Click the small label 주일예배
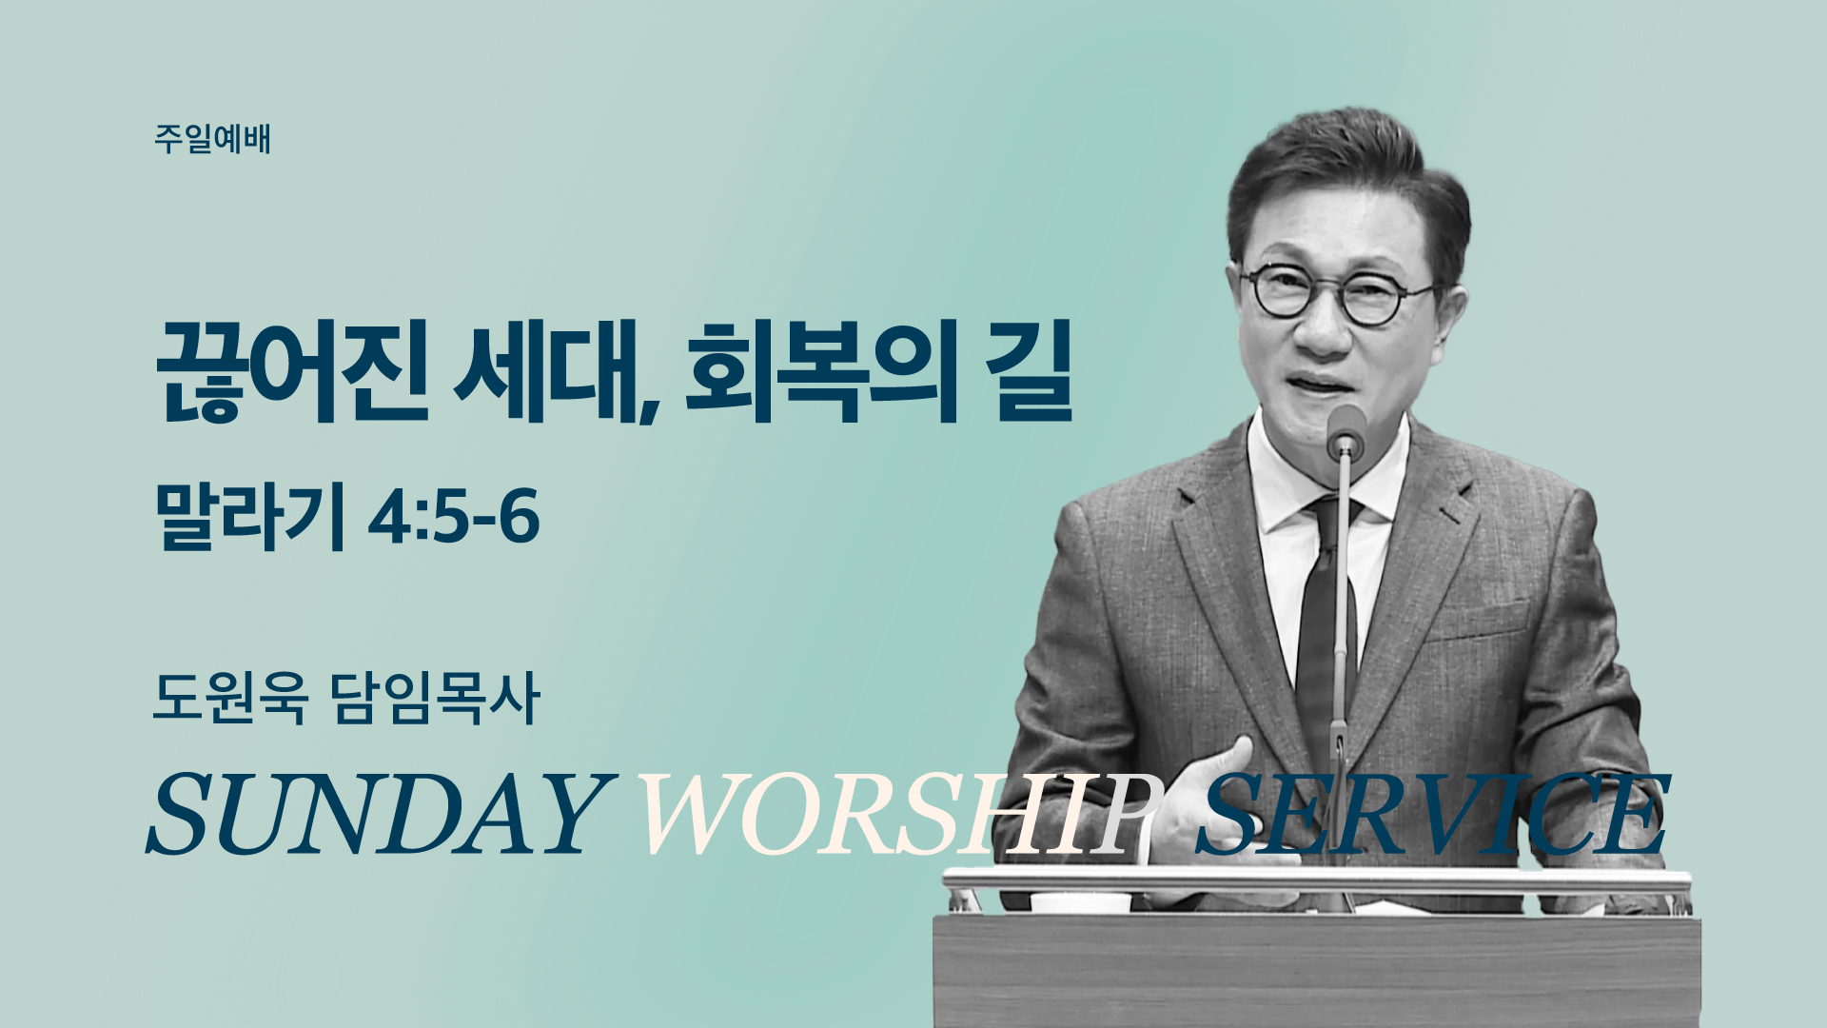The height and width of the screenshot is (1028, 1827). (212, 139)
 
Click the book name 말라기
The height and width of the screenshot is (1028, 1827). (249, 518)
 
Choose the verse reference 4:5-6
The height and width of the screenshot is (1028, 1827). (454, 518)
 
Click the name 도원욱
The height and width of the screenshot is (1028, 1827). (230, 698)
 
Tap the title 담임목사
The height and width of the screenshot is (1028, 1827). (436, 698)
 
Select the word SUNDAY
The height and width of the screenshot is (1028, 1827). (377, 814)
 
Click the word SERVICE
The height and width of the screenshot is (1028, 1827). (1432, 814)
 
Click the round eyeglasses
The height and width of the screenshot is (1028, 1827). (1337, 293)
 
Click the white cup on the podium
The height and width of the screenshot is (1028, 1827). (1080, 901)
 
